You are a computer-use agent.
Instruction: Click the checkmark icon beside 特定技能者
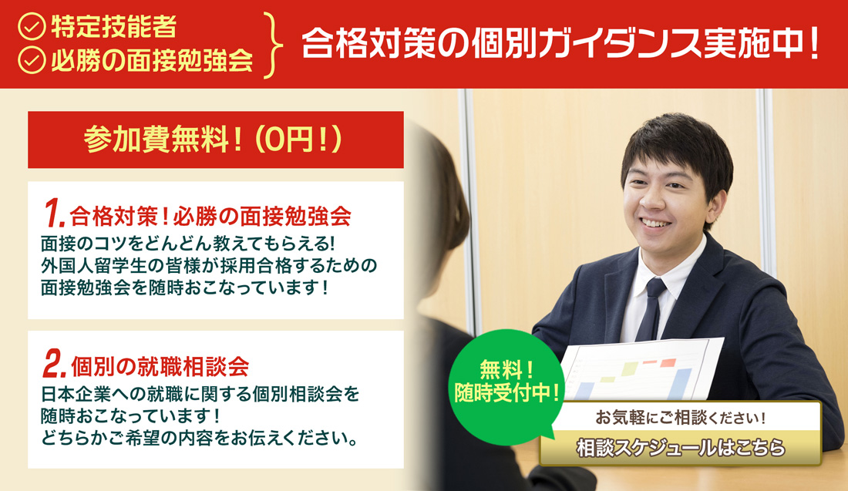click(32, 29)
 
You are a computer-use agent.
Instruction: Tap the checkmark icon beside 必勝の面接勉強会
click(32, 62)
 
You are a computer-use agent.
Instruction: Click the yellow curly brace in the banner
click(272, 44)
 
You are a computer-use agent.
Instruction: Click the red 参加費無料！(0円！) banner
click(215, 140)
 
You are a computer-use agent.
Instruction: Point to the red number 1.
click(53, 212)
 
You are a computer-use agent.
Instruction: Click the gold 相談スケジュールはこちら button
click(681, 448)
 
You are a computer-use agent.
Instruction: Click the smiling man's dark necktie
click(649, 308)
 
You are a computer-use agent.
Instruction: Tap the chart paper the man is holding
click(640, 370)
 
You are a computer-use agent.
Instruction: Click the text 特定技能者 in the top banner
click(114, 28)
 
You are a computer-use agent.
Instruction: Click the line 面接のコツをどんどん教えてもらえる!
click(187, 243)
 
